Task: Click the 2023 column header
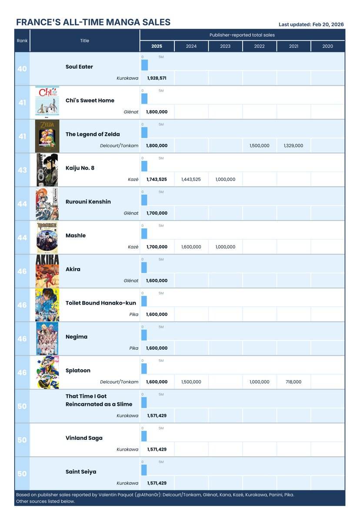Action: coord(225,46)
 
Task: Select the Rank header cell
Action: coord(22,40)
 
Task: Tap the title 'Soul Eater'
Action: coord(79,67)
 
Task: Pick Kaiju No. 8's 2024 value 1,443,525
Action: coord(191,179)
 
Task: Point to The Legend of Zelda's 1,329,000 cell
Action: coord(293,146)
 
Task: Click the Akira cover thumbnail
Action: coord(47,270)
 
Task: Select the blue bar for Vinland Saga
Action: coord(144,436)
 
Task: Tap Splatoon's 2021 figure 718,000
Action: coord(293,382)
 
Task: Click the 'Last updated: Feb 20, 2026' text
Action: coord(311,24)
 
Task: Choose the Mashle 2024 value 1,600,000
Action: coord(191,247)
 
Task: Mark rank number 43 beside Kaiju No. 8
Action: coord(22,170)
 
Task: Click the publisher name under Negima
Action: coord(133,348)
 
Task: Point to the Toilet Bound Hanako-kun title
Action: coord(101,303)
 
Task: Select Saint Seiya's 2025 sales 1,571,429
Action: coord(157,483)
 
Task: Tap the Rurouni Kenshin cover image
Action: coord(47,203)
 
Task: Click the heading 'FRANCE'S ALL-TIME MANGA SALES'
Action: coord(93,23)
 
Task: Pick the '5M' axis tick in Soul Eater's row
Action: coord(161,57)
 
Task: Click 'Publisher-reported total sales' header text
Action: coord(242,35)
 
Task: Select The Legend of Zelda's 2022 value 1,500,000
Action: coord(260,146)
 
